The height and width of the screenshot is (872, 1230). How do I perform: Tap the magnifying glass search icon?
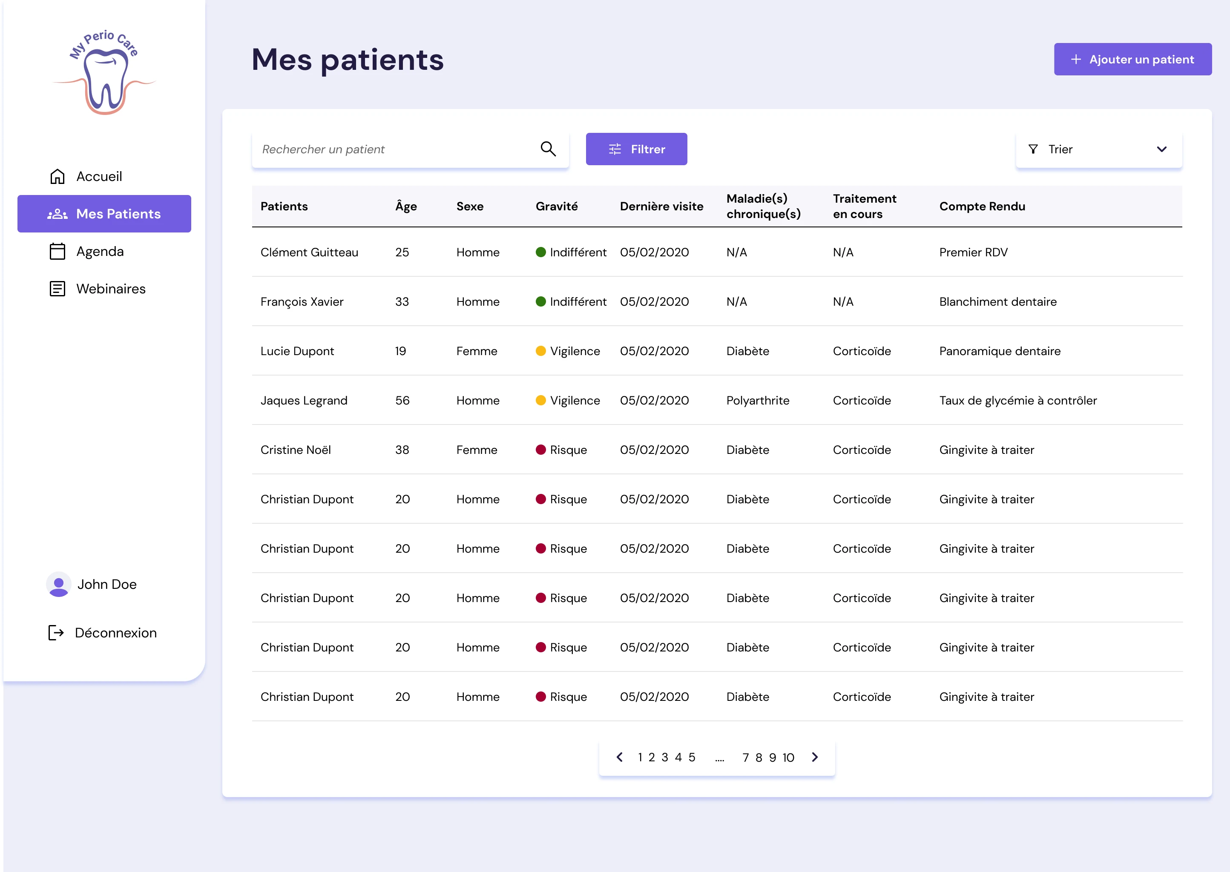[548, 149]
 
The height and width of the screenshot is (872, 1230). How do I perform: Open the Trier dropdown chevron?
[1161, 149]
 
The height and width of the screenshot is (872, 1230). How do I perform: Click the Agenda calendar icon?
[57, 251]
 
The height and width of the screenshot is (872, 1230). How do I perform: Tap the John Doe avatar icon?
[58, 584]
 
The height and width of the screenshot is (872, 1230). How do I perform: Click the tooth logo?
[105, 72]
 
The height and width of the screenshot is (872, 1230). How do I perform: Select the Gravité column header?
[557, 206]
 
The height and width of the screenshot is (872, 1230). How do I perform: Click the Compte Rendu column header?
[982, 206]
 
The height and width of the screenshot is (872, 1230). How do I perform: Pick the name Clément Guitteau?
[309, 252]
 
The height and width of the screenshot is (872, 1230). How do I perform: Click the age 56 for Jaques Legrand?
[402, 401]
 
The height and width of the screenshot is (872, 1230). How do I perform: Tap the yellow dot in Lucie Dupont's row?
[541, 351]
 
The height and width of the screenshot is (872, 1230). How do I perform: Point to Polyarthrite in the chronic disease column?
[758, 401]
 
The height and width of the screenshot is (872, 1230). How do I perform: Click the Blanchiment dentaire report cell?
[998, 302]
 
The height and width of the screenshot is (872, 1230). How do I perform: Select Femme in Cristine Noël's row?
[477, 450]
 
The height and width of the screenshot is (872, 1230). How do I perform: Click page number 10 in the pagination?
[788, 757]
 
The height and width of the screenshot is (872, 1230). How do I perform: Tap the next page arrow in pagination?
[815, 757]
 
